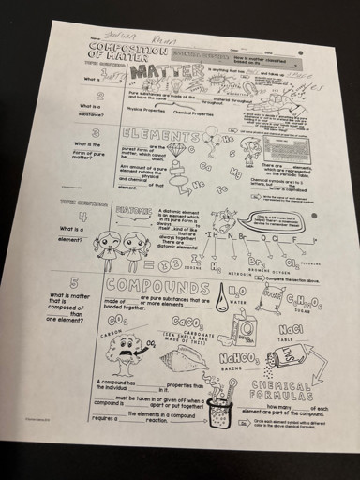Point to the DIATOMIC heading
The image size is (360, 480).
(130, 212)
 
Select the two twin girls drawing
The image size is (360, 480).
(121, 245)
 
